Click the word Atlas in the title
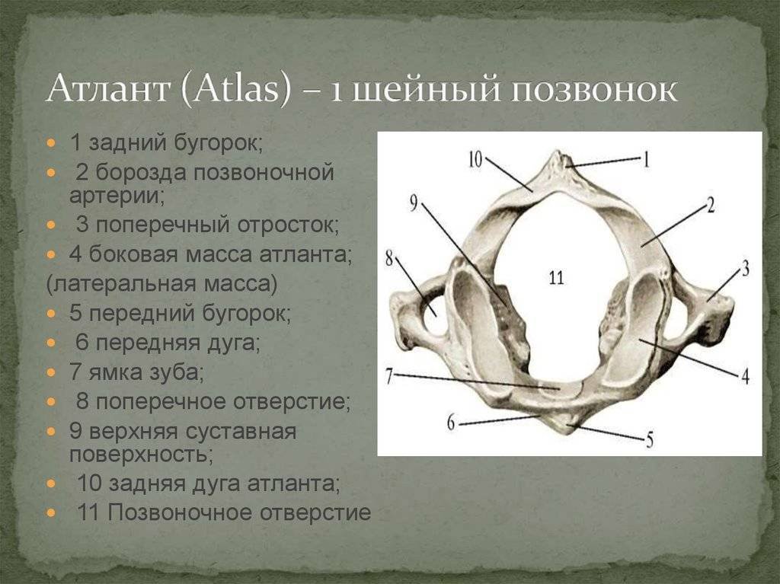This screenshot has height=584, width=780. click(x=236, y=90)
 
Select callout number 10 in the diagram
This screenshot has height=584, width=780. click(x=476, y=159)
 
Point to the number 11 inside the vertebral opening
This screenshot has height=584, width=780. click(x=556, y=277)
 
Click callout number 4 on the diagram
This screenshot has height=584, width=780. click(x=745, y=377)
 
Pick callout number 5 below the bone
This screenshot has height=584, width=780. click(x=649, y=440)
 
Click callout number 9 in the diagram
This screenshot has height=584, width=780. click(x=414, y=203)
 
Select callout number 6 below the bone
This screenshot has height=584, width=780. click(x=451, y=423)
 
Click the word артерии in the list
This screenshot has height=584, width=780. click(x=117, y=196)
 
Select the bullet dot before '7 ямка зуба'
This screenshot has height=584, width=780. click(x=51, y=372)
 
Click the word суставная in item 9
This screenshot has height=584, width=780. click(x=241, y=431)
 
